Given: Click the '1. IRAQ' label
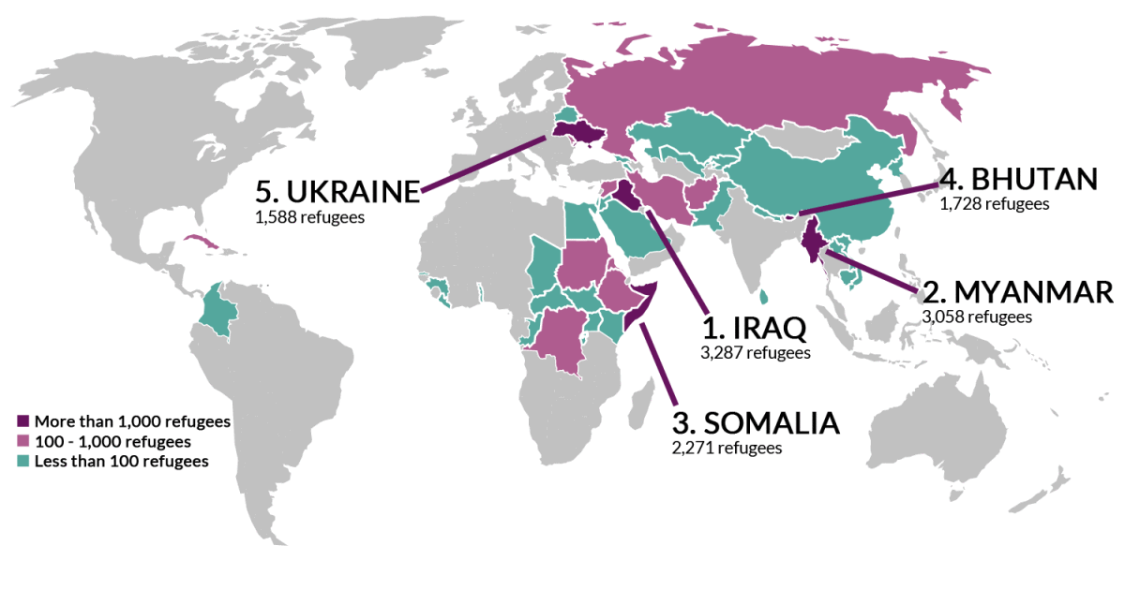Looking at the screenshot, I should coord(754,328).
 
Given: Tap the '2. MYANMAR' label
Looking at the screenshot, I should coord(1018,291).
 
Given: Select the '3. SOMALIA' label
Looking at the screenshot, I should coord(756,422).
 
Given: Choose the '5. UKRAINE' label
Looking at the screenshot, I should coord(337,191).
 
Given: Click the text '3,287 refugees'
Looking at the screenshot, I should coord(755,353).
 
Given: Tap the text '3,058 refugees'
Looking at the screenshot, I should coord(977,317).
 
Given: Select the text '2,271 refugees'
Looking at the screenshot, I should coord(727,449).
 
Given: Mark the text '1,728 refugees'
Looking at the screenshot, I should coord(994,203).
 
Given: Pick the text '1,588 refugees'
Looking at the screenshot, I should coord(308,216).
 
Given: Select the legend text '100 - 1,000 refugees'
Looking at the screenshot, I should coord(112,441).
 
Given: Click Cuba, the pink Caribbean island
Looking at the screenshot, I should coord(208,244).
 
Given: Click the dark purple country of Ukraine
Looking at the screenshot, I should coord(577,132).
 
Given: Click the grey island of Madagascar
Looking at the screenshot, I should coord(644,410).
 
